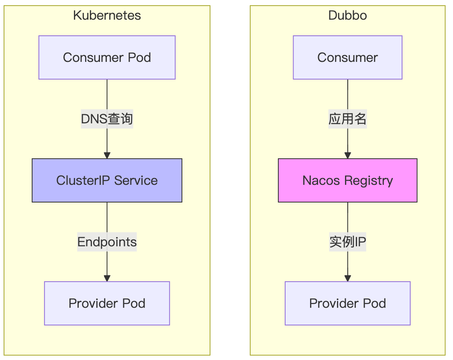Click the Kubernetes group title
coord(107,16)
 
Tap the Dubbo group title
coord(347,16)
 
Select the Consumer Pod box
coord(107,57)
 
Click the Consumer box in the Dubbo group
coord(347,57)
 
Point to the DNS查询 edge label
coord(107,119)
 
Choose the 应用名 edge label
coord(347,119)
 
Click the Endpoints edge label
coord(107,242)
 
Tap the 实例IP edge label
coord(347,242)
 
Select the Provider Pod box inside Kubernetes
coord(107,303)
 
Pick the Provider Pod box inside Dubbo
coord(347,303)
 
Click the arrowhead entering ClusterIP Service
coord(107,155)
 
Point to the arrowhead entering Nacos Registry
coord(347,155)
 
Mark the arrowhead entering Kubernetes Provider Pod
coord(107,278)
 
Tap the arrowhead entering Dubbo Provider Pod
coord(347,278)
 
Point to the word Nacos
coord(321,180)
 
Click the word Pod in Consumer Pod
coord(139,57)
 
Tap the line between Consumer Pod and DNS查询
coord(107,94)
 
